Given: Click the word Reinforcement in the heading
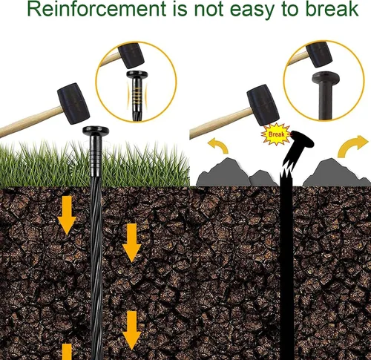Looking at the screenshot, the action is click(x=96, y=9).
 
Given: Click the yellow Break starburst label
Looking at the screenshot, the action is click(x=276, y=134).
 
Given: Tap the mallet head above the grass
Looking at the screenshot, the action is click(x=73, y=103).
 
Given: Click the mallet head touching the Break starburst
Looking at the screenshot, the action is click(x=263, y=105).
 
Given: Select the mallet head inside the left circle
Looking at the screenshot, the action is click(x=131, y=56).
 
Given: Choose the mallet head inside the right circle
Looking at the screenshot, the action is click(x=319, y=54).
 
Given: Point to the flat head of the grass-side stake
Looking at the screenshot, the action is click(x=96, y=131).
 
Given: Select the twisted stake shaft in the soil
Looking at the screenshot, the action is click(x=96, y=267).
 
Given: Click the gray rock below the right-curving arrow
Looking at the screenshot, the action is click(x=336, y=174).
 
